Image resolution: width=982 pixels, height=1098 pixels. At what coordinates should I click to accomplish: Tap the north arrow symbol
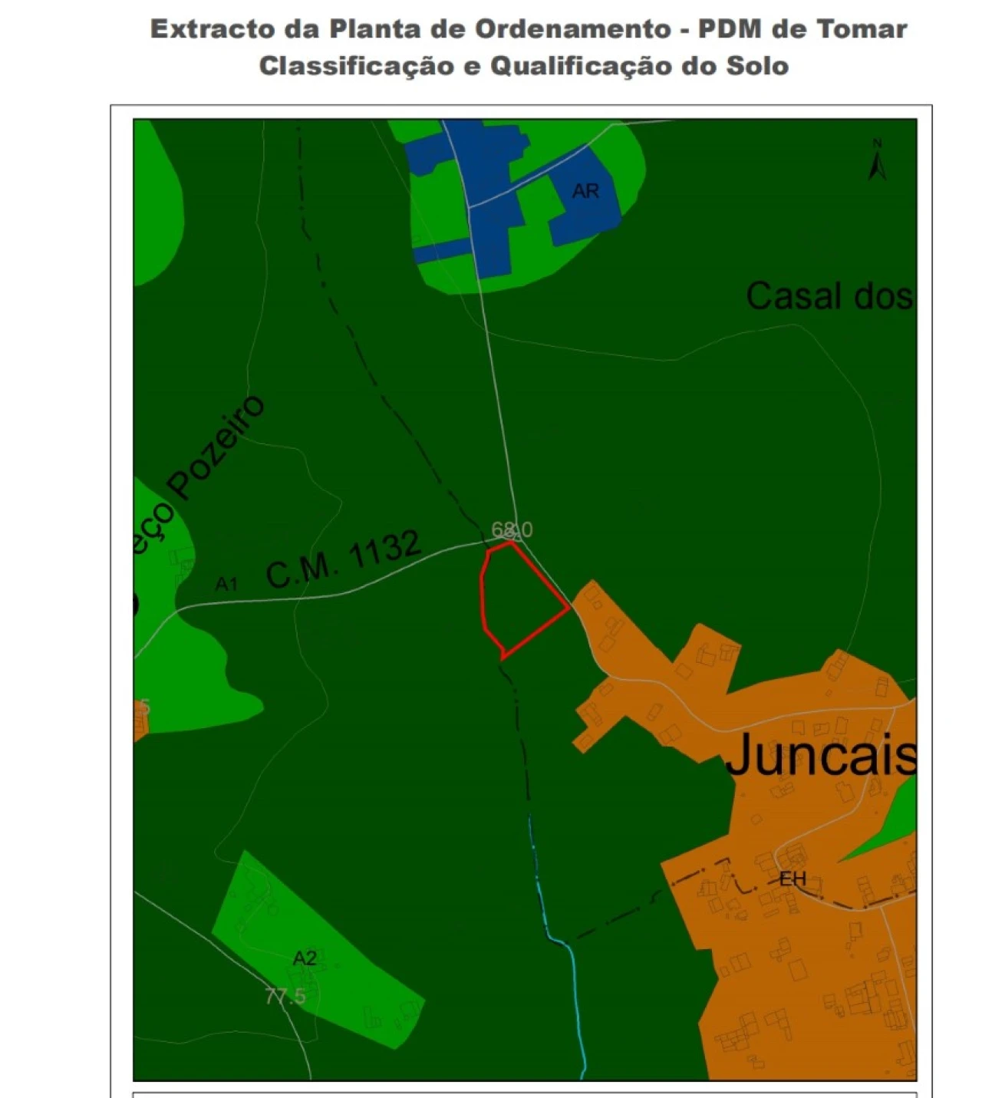click(878, 161)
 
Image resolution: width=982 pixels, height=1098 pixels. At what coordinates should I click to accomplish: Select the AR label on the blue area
click(585, 190)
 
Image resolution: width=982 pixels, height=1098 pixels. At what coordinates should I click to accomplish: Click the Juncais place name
click(820, 754)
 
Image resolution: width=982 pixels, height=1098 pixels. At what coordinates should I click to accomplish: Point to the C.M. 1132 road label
click(344, 560)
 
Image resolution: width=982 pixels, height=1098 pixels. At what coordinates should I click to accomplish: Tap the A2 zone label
click(305, 958)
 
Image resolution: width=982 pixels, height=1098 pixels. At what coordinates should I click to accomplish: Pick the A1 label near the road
click(226, 585)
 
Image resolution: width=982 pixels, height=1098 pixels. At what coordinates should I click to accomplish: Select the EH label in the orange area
click(793, 879)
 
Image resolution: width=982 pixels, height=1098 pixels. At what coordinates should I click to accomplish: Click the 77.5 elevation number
click(285, 997)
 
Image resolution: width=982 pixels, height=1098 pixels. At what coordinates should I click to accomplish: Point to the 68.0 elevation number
click(512, 529)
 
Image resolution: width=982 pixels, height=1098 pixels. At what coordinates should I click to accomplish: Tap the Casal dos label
click(829, 296)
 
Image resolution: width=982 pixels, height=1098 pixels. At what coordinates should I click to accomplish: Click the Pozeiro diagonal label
click(217, 449)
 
